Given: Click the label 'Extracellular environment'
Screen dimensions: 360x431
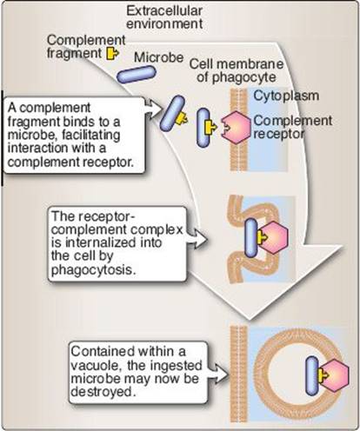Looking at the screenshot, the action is coord(164,17).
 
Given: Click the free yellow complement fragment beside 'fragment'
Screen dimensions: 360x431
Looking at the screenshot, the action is coord(112,53).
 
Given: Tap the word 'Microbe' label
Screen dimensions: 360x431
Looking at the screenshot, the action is coord(159,57).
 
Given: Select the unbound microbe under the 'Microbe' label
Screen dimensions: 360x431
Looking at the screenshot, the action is coord(137,75).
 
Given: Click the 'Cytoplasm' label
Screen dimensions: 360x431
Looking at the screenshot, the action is coord(286,96).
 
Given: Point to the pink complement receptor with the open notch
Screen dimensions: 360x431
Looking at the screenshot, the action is coord(236,127).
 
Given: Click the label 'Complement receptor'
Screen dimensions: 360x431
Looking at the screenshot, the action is coord(292,127).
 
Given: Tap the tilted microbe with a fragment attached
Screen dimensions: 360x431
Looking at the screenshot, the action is coord(172,113).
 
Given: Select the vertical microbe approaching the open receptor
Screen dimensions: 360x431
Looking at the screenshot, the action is coord(203,128).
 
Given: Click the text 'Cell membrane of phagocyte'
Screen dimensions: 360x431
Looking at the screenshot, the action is coord(237,70).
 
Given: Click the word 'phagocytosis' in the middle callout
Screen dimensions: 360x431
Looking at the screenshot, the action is coord(93,270).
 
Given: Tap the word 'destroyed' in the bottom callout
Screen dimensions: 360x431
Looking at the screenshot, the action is coord(103,392).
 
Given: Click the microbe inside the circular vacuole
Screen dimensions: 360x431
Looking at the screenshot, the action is coord(312,376).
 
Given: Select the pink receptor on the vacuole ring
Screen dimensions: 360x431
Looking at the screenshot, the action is coord(335,375).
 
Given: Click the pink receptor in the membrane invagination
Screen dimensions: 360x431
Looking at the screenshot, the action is coord(274,238).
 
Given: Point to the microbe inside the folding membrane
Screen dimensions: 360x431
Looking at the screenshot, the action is coord(251,238).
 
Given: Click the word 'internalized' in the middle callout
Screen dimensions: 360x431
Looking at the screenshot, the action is coord(114,242).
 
